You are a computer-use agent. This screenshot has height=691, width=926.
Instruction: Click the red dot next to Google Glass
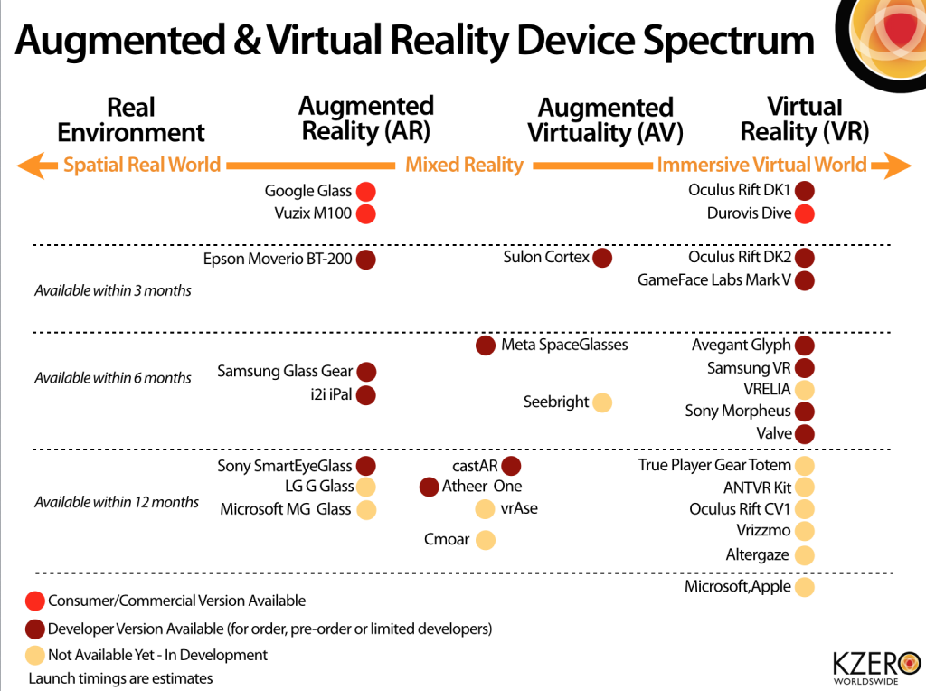tap(365, 192)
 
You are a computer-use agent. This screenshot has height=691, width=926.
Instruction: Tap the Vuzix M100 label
tap(312, 213)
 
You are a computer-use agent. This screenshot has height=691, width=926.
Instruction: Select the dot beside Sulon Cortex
tap(602, 258)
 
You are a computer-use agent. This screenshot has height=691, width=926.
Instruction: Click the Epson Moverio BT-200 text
tap(277, 260)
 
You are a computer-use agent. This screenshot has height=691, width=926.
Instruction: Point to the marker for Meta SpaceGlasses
tap(485, 345)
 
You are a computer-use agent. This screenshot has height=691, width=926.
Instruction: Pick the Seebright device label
tap(555, 402)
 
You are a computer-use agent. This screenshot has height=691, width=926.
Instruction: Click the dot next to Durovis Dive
tap(804, 214)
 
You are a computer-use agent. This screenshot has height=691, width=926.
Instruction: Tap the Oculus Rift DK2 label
tap(740, 258)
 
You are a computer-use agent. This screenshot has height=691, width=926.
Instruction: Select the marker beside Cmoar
tap(485, 541)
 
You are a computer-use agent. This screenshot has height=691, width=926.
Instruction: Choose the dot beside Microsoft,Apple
tap(804, 587)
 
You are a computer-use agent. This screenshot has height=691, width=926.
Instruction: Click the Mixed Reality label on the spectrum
tap(464, 165)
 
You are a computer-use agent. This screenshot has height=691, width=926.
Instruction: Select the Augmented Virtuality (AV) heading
tap(605, 121)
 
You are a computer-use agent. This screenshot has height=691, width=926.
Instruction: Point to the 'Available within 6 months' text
tap(113, 378)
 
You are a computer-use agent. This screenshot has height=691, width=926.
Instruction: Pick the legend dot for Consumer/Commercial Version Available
tap(36, 601)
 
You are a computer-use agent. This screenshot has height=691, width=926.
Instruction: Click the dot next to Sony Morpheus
tap(804, 412)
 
